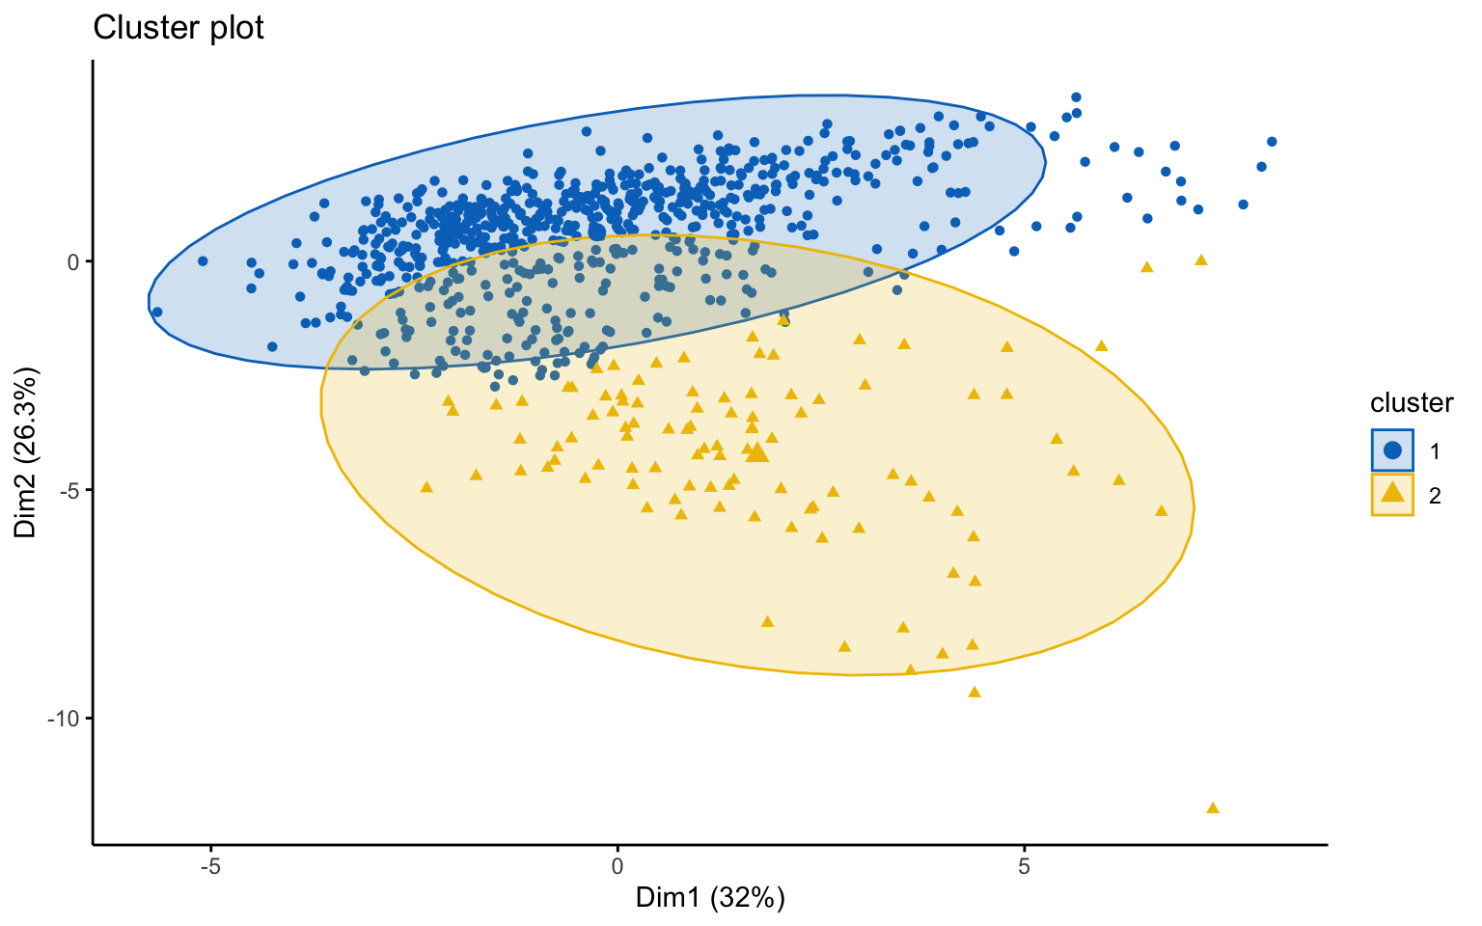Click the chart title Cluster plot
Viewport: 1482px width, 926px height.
(x=178, y=28)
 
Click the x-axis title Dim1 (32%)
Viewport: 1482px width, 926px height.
(x=710, y=898)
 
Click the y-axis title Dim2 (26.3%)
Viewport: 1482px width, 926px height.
(x=26, y=452)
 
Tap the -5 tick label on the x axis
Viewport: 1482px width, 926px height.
(x=210, y=866)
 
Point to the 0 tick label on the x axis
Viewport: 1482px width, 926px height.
(x=617, y=866)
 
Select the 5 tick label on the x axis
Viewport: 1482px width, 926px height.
(x=1025, y=866)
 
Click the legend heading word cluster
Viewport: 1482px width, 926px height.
(x=1412, y=403)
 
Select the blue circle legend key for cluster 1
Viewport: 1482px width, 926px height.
(x=1392, y=449)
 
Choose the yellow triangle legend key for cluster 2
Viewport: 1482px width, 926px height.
(x=1392, y=494)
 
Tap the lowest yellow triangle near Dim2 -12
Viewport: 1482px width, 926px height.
(x=1213, y=807)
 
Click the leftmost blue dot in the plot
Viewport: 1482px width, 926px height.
(x=157, y=312)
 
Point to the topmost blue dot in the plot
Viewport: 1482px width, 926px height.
(x=1076, y=97)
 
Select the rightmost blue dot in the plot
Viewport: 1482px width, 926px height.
(x=1272, y=142)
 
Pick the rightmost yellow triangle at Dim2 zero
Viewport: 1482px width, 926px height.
(x=1201, y=259)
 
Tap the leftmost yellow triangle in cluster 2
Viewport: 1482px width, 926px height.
(x=426, y=486)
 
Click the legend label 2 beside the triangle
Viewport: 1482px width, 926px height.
(x=1435, y=496)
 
